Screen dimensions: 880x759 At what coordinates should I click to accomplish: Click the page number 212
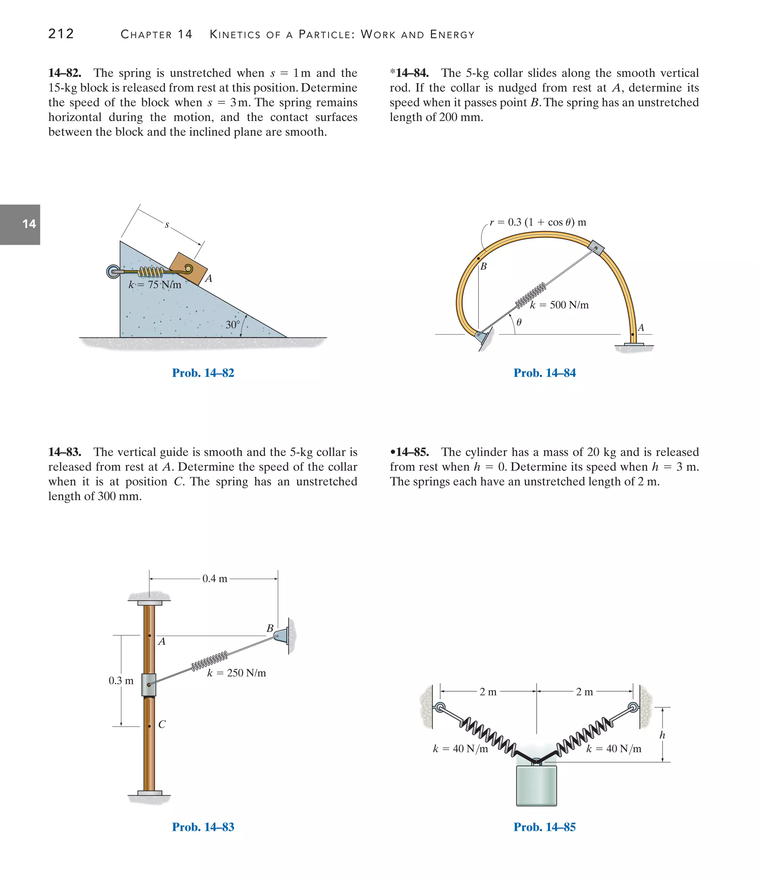pyautogui.click(x=61, y=34)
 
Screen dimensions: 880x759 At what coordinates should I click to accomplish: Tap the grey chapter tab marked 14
pyautogui.click(x=20, y=224)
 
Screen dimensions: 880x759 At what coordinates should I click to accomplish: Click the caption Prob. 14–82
pyautogui.click(x=203, y=373)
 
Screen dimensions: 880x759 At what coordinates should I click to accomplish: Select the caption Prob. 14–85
pyautogui.click(x=544, y=827)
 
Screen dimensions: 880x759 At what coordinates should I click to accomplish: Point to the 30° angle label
pyautogui.click(x=233, y=324)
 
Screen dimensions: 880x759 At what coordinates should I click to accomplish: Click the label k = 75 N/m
pyautogui.click(x=155, y=285)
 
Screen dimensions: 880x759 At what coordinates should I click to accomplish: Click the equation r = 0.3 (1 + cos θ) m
pyautogui.click(x=538, y=222)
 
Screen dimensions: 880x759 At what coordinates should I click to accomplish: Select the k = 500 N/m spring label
pyautogui.click(x=559, y=305)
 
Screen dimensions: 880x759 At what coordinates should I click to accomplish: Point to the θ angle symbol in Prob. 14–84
pyautogui.click(x=519, y=323)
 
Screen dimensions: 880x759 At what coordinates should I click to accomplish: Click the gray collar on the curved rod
pyautogui.click(x=596, y=248)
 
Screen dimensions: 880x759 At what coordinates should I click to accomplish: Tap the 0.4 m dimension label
pyautogui.click(x=215, y=578)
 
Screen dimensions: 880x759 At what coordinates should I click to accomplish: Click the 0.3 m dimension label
pyautogui.click(x=121, y=680)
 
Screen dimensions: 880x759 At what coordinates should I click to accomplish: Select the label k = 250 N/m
pyautogui.click(x=236, y=673)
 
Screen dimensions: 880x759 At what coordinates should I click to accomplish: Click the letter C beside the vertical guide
pyautogui.click(x=162, y=724)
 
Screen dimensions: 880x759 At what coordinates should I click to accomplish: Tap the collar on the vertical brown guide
pyautogui.click(x=149, y=685)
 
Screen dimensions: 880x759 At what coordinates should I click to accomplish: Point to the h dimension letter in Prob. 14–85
pyautogui.click(x=662, y=735)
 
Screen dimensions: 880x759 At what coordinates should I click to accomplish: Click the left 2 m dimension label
pyautogui.click(x=488, y=692)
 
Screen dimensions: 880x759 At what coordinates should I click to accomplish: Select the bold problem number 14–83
pyautogui.click(x=64, y=452)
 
